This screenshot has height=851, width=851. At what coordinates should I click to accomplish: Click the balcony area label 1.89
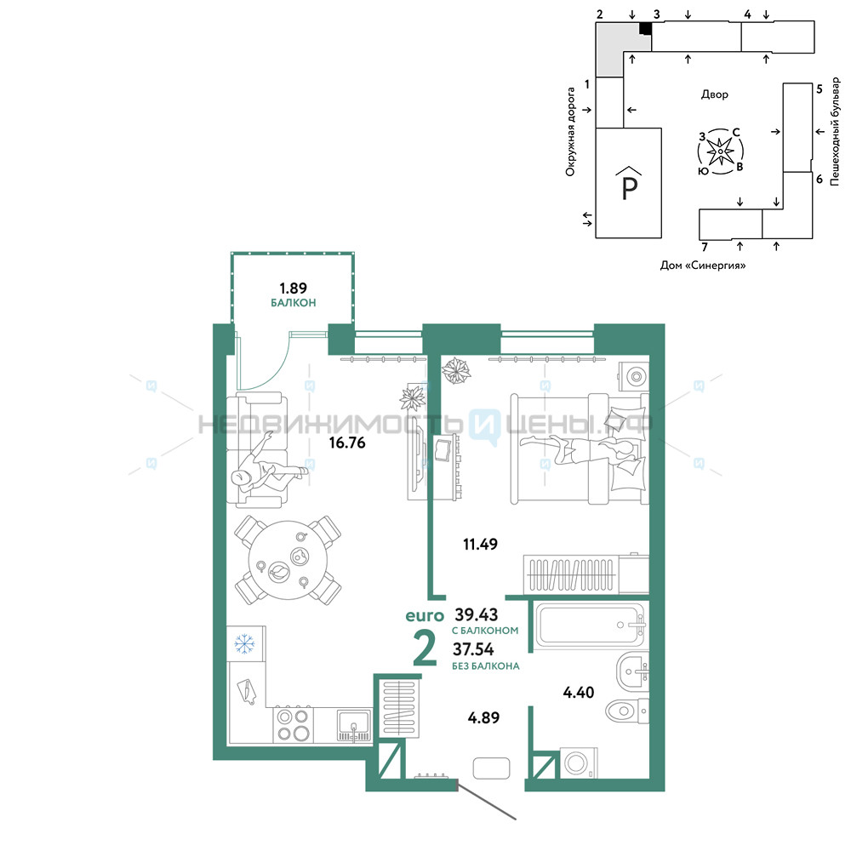[x=293, y=288]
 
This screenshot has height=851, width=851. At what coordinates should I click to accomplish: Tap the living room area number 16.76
[x=347, y=443]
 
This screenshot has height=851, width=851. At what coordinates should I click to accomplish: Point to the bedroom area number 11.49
[x=480, y=544]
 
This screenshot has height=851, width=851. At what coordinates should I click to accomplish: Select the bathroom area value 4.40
[x=579, y=692]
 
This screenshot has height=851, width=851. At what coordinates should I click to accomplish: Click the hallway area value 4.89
[x=483, y=717]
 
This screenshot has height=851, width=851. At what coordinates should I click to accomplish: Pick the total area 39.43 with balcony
[x=477, y=614]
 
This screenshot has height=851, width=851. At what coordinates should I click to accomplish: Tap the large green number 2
[x=425, y=648]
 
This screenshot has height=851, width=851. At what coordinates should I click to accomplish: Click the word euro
[x=425, y=616]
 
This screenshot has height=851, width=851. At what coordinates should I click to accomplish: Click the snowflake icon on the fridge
[x=245, y=643]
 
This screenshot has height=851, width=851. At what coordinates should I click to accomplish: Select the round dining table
[x=288, y=560]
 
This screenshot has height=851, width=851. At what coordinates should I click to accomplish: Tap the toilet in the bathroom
[x=627, y=710]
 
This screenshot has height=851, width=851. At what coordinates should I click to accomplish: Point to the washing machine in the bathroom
[x=578, y=763]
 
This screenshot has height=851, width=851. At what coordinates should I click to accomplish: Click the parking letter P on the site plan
[x=629, y=187]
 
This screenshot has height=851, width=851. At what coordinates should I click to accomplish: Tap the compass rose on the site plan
[x=720, y=151]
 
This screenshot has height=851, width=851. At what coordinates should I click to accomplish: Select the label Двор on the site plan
[x=715, y=94]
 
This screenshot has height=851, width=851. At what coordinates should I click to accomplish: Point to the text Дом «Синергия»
[x=703, y=266]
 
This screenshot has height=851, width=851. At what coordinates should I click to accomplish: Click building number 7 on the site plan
[x=705, y=248]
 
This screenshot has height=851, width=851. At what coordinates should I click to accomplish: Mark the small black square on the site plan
[x=645, y=29]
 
